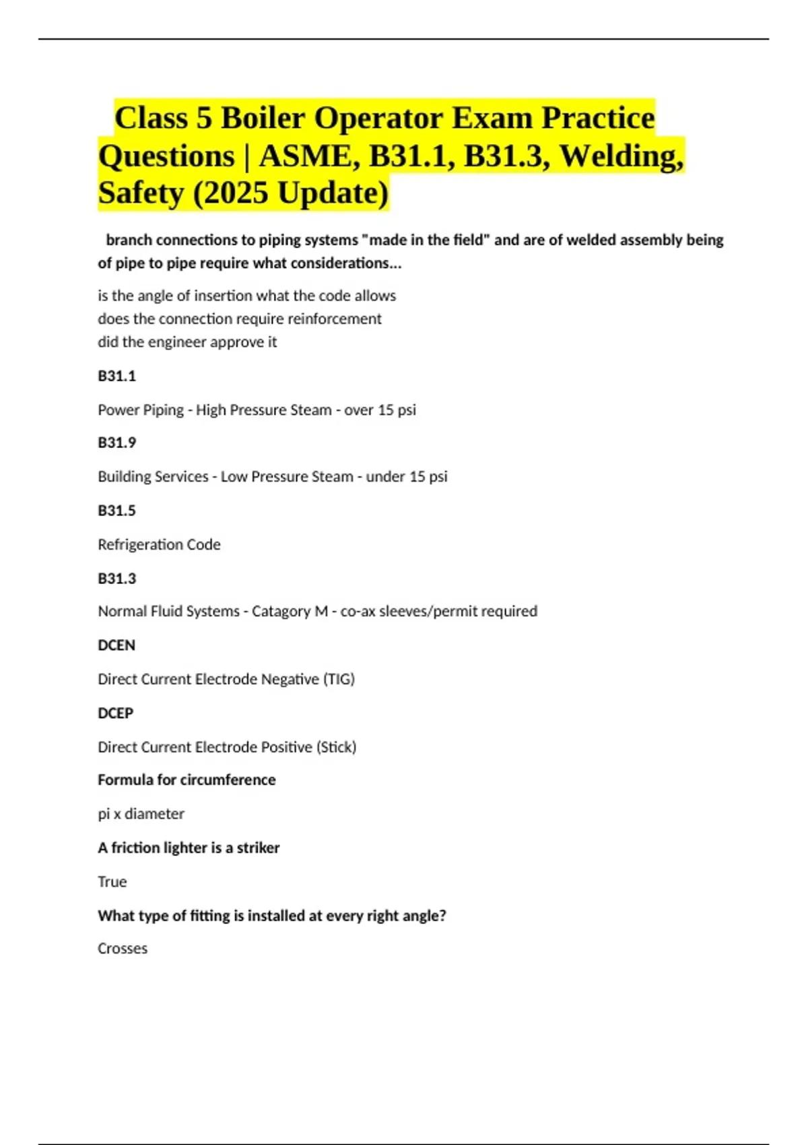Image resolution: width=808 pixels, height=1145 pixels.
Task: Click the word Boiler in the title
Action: pyautogui.click(x=263, y=118)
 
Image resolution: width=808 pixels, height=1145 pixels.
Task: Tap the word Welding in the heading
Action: pyautogui.click(x=621, y=156)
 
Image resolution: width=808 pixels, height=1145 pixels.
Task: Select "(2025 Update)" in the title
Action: pyautogui.click(x=291, y=193)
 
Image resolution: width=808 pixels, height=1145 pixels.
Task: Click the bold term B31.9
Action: pyautogui.click(x=117, y=443)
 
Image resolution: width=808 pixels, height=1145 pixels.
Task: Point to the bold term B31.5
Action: pyautogui.click(x=117, y=511)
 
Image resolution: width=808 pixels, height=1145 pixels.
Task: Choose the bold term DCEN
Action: pyautogui.click(x=116, y=645)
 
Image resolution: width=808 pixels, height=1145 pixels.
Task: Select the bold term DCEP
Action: pyautogui.click(x=116, y=713)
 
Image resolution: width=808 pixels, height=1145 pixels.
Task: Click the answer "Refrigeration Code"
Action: pyautogui.click(x=159, y=544)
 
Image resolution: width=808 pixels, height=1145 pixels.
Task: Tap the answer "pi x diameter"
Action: pyautogui.click(x=141, y=814)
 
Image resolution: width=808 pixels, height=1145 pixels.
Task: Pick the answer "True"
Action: pyautogui.click(x=112, y=882)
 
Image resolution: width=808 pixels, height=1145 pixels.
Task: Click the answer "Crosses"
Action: pyautogui.click(x=123, y=948)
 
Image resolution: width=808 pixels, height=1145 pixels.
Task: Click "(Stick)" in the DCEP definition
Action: pyautogui.click(x=336, y=747)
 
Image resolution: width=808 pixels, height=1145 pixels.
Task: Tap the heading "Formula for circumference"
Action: pyautogui.click(x=187, y=780)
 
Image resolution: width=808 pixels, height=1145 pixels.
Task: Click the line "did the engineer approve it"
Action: pyautogui.click(x=187, y=342)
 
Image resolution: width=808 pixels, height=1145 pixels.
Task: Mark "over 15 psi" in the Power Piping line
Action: pyautogui.click(x=380, y=410)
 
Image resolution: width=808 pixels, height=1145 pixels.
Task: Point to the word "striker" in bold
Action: pyautogui.click(x=258, y=848)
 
